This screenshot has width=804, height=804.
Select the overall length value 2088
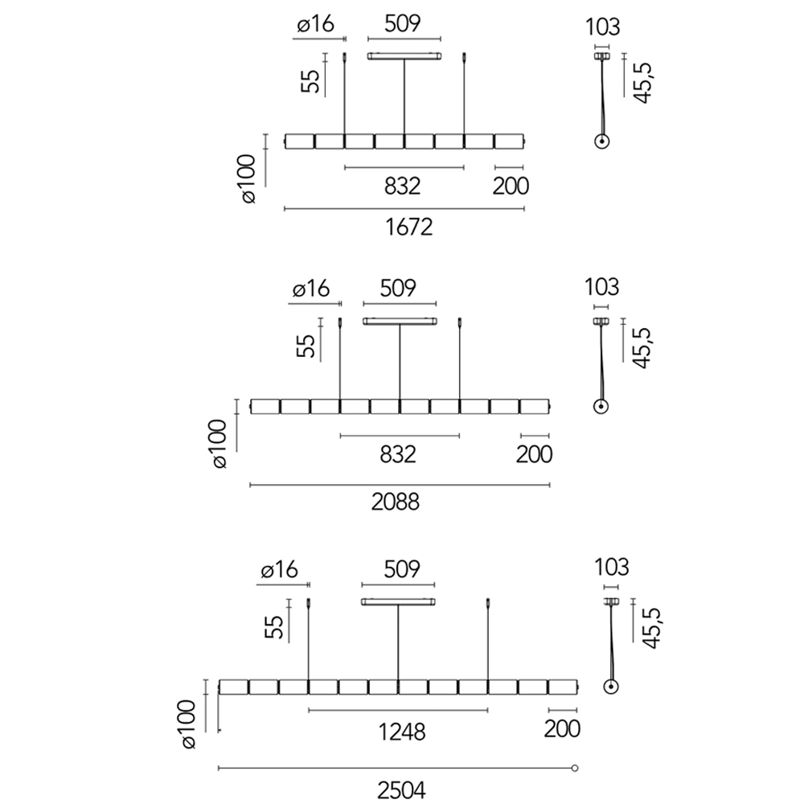pos(396,503)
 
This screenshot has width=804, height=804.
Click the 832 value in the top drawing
pos(403,187)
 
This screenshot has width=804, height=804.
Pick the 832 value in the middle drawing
pos(398,454)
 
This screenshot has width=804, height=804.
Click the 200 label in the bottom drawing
pos(562,730)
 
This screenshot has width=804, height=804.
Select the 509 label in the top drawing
pos(403,24)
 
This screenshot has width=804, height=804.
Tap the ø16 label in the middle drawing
pos(311,289)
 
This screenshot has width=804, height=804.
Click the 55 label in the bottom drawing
pos(273,627)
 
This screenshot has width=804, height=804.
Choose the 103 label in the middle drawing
pos(602,286)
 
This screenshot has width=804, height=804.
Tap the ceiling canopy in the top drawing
pos(404,56)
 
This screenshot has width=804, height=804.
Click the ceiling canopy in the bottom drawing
pos(398,601)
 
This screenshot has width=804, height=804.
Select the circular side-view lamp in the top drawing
pos(601,142)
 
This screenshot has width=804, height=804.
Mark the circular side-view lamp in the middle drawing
pos(600,406)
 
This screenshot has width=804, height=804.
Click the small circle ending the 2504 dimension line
pos(575,768)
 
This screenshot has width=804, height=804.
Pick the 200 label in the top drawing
pos(511,187)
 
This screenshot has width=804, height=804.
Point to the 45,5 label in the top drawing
pos(644,80)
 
